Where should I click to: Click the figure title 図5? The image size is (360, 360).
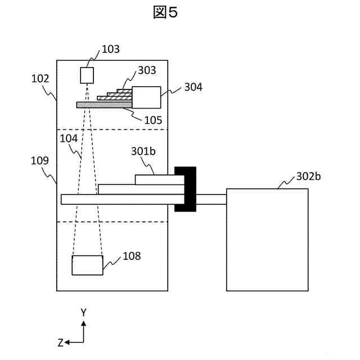tap(165, 13)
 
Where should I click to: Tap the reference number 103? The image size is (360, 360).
tap(110, 49)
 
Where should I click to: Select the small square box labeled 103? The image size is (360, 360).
tap(87, 75)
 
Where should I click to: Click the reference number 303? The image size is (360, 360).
tap(147, 70)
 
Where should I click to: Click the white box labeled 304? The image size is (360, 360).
tap(146, 97)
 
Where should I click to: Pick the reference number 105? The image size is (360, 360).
tap(152, 120)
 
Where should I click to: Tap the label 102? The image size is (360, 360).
tap(40, 79)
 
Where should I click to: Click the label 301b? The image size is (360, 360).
tap(142, 151)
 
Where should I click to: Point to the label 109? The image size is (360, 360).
tap(40, 160)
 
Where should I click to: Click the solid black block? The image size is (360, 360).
tap(185, 189)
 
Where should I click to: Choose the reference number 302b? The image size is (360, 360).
tap(308, 177)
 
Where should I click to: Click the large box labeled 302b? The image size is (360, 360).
tap(267, 240)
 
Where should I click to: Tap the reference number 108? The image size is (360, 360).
tap(132, 256)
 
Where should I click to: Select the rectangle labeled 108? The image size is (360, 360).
tap(87, 265)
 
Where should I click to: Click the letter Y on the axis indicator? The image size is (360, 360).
tap(83, 312)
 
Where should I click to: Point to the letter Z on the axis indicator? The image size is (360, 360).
tap(60, 342)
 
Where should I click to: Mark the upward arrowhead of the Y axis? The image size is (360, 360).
tap(83, 323)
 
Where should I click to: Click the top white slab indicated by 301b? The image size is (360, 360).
tap(160, 179)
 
